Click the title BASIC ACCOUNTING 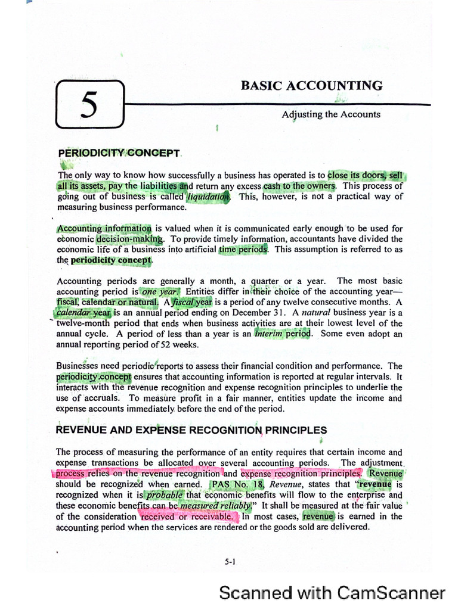[311, 85]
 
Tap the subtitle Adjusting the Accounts [330, 114]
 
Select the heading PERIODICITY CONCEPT [119, 153]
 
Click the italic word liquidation [208, 197]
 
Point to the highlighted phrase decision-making [129, 239]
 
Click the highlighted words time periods [243, 250]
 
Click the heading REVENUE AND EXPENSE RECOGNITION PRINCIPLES [191, 430]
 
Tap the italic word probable [163, 495]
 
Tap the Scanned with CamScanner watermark [332, 593]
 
